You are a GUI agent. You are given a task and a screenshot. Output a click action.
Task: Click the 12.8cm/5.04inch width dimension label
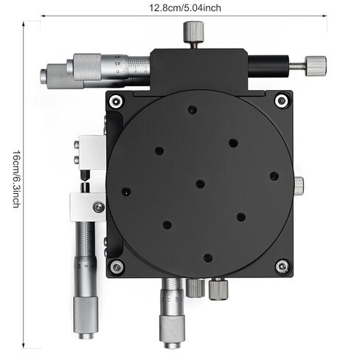click(x=185, y=8)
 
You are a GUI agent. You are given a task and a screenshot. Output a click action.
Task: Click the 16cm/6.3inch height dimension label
click(x=17, y=179)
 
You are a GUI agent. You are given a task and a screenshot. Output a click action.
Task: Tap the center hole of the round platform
click(x=201, y=184)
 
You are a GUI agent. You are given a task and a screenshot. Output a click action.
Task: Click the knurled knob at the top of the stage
click(x=193, y=32)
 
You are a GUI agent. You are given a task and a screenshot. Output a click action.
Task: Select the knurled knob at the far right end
click(x=316, y=66)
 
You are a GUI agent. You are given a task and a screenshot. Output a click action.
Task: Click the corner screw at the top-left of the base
click(x=116, y=101)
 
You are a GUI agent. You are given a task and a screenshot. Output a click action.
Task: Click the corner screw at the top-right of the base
click(x=282, y=100)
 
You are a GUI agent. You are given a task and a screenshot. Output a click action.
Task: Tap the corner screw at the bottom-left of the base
click(x=117, y=267)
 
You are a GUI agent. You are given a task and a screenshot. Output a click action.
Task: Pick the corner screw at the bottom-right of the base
click(x=283, y=266)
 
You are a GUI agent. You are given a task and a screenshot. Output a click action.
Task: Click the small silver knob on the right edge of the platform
click(x=299, y=185)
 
